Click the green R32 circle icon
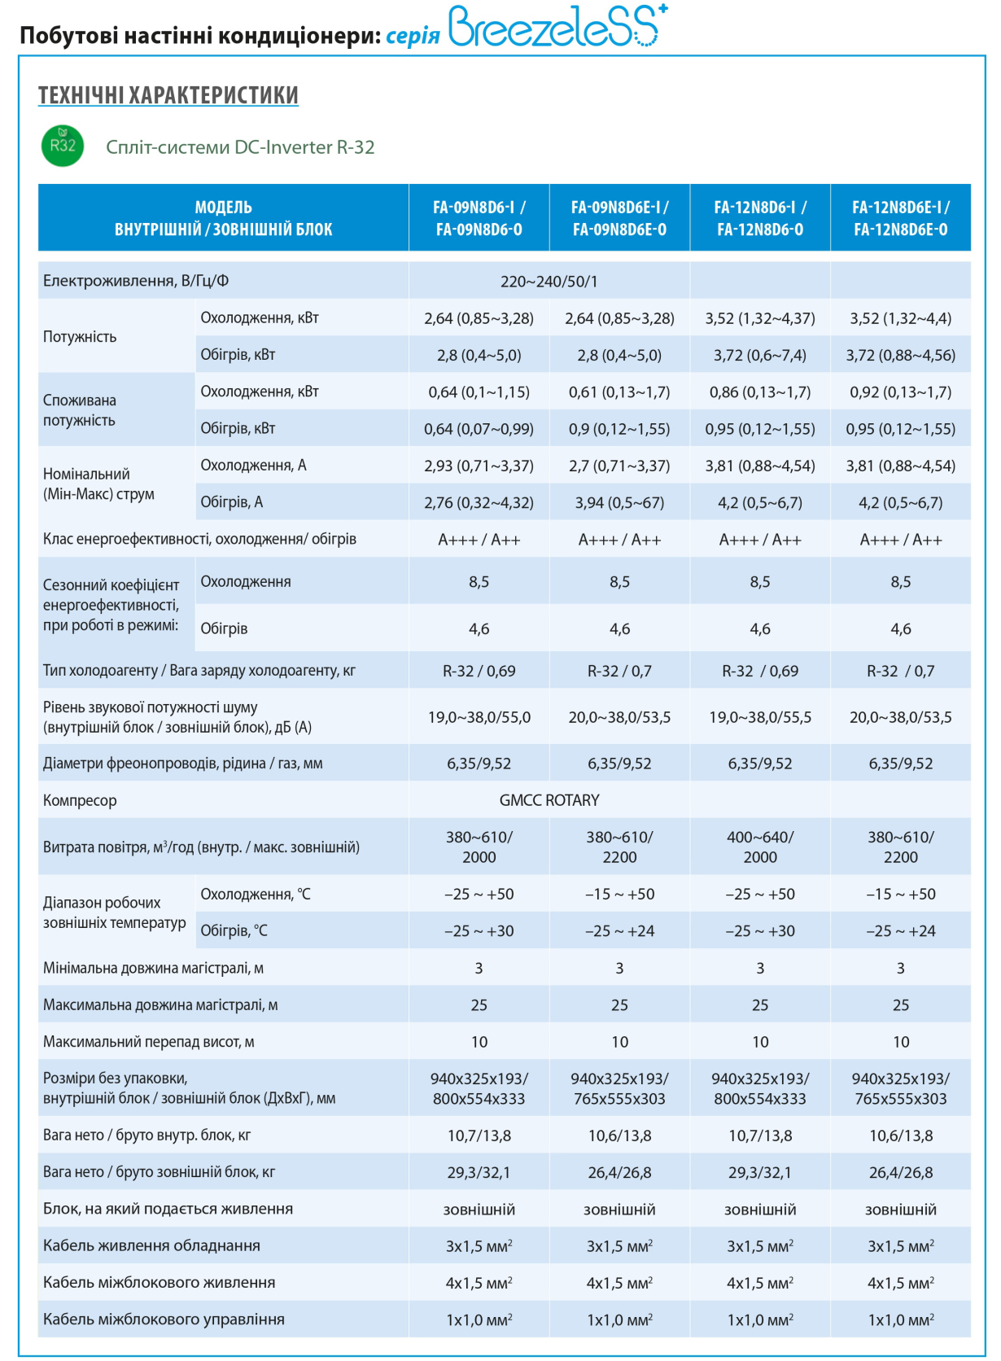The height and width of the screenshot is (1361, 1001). tap(62, 146)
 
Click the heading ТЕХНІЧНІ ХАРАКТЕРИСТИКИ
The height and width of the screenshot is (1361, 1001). tap(168, 95)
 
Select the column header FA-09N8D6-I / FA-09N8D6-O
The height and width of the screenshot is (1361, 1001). tap(479, 218)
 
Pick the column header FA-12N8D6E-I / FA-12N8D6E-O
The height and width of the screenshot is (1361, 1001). tap(900, 218)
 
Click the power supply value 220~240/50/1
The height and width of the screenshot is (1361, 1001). tap(549, 282)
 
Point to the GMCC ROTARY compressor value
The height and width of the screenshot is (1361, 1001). tap(549, 800)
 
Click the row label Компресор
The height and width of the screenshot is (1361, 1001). tap(80, 800)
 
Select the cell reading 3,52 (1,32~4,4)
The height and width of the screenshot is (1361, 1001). tap(900, 318)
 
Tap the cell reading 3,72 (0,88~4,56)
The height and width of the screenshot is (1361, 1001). tap(900, 356)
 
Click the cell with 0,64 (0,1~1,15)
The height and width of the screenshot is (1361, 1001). tap(479, 392)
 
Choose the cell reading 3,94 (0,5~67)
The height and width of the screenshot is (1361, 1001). tap(619, 503)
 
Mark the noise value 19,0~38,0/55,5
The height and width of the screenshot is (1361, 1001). tap(760, 718)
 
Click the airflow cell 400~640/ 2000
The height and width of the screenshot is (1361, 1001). tap(760, 847)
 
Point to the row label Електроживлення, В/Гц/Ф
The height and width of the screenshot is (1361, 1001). tap(135, 281)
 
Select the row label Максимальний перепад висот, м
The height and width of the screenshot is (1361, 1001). tap(148, 1042)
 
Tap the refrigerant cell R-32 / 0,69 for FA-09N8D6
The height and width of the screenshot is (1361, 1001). tap(479, 672)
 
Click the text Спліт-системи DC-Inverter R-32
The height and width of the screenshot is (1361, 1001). tap(240, 147)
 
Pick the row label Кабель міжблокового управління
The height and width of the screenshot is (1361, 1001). tap(164, 1319)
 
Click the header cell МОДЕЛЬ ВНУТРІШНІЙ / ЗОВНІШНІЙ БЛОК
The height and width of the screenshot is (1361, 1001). tap(224, 218)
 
